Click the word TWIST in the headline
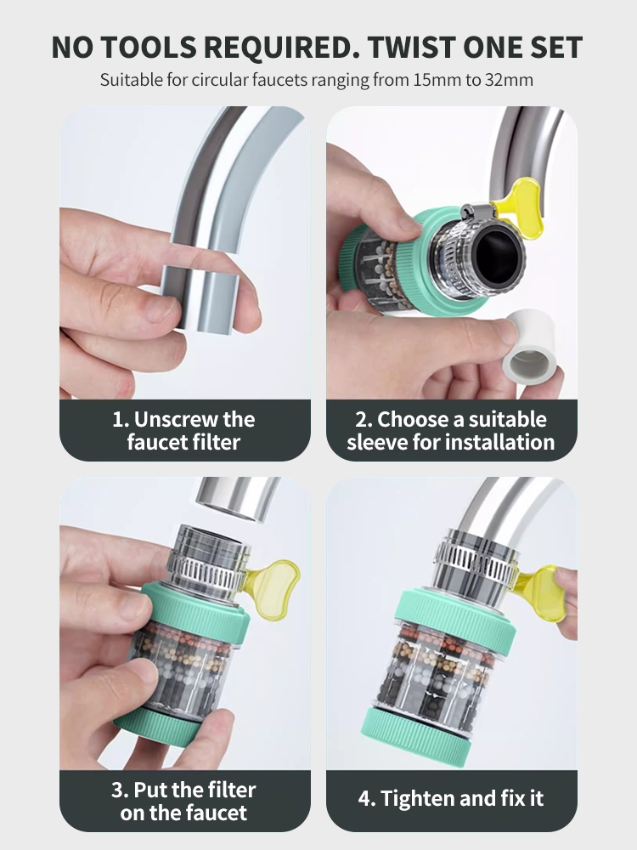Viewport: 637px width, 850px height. coord(410,47)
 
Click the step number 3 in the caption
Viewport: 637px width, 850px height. coord(118,790)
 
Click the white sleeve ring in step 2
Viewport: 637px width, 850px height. coord(530,347)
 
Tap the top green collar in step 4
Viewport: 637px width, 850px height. coord(455,618)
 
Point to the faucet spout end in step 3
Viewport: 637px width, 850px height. coord(239,500)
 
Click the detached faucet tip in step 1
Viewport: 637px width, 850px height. coord(200,300)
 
